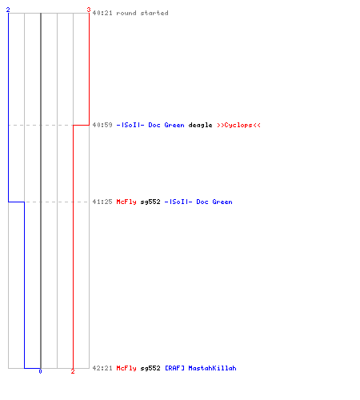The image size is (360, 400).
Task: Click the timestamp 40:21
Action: [102, 13]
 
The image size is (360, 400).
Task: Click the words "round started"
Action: [142, 13]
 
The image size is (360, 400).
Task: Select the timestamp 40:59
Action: [102, 125]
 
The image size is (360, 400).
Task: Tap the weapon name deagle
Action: [200, 125]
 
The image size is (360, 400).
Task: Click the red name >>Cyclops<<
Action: [238, 125]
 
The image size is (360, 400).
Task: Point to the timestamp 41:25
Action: [102, 202]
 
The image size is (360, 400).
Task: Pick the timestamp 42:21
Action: [102, 368]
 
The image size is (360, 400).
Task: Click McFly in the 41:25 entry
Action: [126, 202]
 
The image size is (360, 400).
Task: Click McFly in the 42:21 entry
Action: [126, 368]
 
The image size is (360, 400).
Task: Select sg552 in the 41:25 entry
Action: [150, 202]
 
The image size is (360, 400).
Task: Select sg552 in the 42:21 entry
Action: [150, 368]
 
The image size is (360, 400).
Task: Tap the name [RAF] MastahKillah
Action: [201, 368]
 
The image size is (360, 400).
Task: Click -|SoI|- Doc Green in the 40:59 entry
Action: [150, 125]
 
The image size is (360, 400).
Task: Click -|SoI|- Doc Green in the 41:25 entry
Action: [198, 202]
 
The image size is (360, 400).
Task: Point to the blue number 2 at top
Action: [8, 10]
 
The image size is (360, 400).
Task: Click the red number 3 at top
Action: [89, 10]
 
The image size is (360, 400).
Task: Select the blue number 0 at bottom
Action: [40, 371]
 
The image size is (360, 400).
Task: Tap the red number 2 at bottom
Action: [73, 371]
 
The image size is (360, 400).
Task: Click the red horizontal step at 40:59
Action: [81, 125]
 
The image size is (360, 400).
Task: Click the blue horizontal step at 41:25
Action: [16, 202]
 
